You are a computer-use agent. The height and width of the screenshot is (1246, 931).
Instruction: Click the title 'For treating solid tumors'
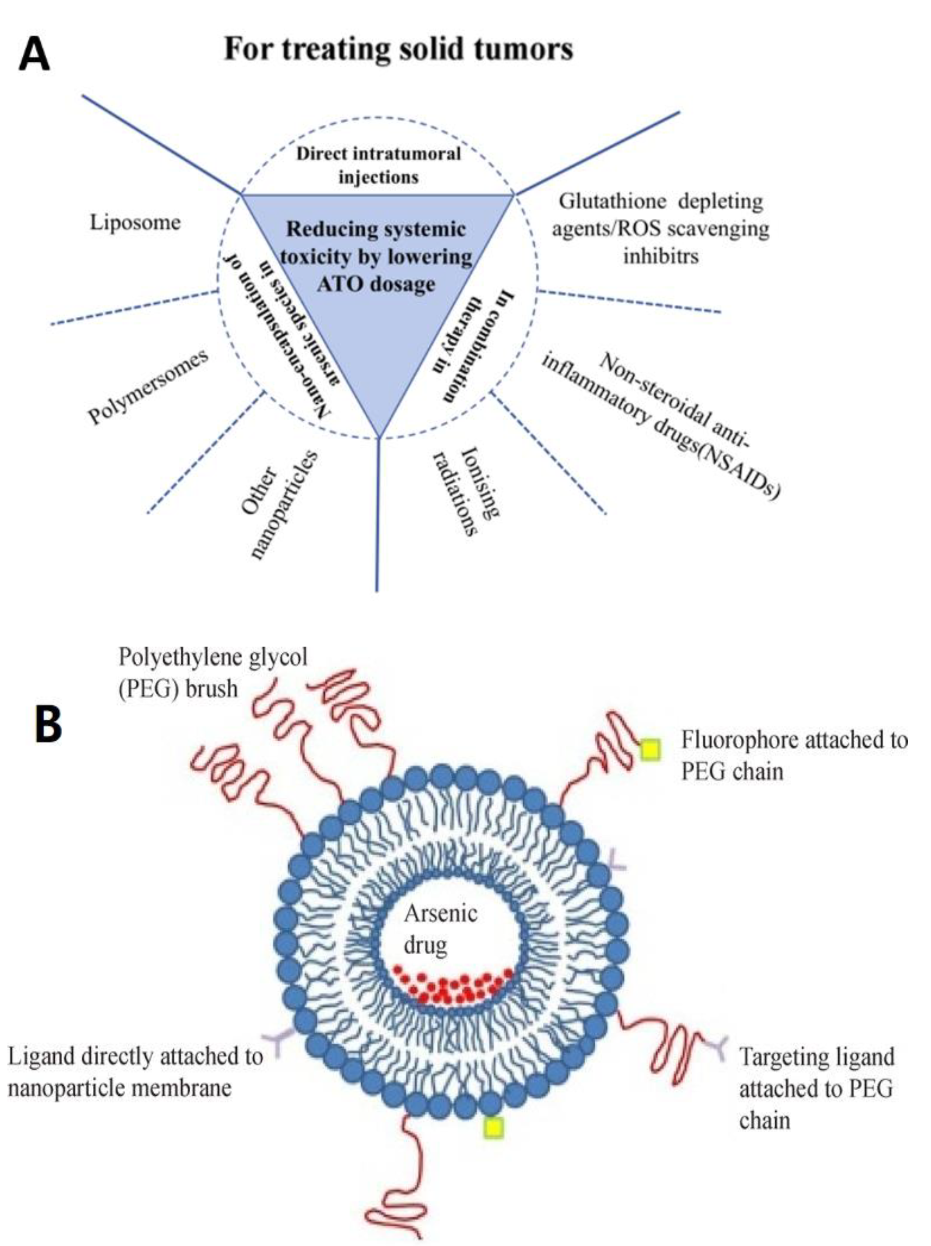(398, 49)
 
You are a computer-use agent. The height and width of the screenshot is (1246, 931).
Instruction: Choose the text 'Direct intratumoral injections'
(378, 165)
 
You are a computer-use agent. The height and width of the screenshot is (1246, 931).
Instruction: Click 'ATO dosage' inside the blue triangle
(376, 284)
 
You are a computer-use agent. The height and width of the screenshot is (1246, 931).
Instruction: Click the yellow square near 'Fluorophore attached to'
(651, 750)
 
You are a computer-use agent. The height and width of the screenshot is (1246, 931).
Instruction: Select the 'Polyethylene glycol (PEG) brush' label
(212, 672)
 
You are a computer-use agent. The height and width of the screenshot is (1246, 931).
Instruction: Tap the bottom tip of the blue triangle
(379, 435)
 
